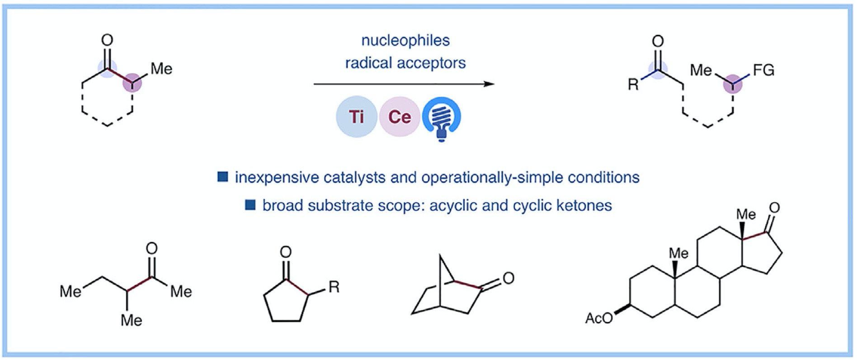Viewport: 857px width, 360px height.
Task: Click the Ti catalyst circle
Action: tap(356, 117)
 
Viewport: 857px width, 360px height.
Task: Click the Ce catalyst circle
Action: tap(400, 117)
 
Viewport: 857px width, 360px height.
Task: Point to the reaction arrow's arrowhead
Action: tap(489, 84)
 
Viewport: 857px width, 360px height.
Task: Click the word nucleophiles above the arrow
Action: tap(405, 41)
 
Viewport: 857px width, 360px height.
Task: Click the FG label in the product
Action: tap(763, 70)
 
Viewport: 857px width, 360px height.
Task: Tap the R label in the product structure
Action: tap(633, 85)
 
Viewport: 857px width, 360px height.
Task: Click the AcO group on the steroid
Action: tap(598, 318)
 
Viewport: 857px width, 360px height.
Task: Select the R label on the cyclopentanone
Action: tap(334, 287)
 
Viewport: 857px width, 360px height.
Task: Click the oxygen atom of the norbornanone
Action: tap(508, 278)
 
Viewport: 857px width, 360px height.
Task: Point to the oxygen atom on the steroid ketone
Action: tap(774, 208)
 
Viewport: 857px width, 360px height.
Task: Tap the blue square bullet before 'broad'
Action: tap(250, 205)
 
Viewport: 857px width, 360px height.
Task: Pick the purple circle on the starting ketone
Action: tap(132, 83)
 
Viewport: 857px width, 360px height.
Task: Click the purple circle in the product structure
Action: tap(733, 84)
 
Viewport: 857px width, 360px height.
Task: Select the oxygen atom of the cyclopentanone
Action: tap(286, 252)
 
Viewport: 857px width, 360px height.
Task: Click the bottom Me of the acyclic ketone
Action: tap(131, 320)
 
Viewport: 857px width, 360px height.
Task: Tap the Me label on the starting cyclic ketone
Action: tap(161, 69)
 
